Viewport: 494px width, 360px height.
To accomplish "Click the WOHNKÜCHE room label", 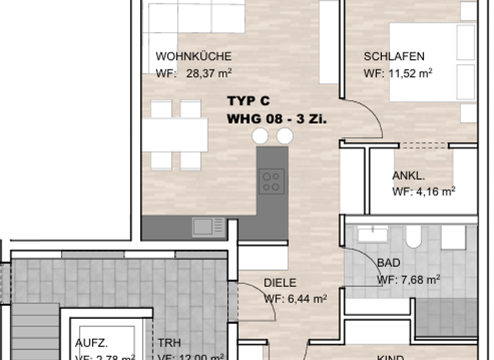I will click(x=193, y=57).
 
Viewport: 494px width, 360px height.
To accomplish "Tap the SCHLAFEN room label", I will click(x=394, y=57).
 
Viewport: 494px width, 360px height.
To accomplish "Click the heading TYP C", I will click(x=248, y=102).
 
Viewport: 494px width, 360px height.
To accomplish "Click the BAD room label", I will click(x=388, y=263).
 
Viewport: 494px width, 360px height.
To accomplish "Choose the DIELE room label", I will click(x=280, y=283).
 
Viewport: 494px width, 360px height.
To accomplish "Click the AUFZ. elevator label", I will click(x=91, y=343).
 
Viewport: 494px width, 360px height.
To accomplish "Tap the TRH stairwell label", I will click(x=169, y=343).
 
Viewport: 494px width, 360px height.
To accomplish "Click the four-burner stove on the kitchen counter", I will click(x=271, y=180).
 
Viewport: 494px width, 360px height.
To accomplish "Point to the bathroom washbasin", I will click(x=372, y=234).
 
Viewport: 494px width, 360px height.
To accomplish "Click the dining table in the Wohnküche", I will click(x=174, y=135).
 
